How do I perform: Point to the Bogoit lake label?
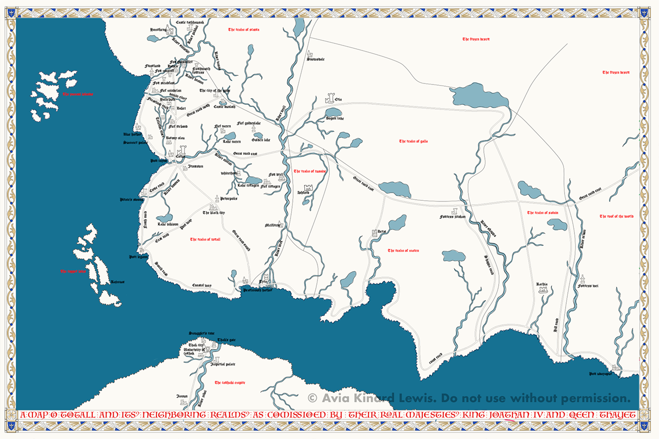[335, 118]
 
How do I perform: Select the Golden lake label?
[261, 140]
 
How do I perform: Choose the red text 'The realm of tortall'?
[205, 239]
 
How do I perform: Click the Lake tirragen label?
[248, 185]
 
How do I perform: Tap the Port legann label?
[139, 256]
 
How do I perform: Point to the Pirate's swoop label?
[131, 200]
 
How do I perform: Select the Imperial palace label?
[223, 364]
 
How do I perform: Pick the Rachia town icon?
[545, 291]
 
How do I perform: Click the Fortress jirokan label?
[453, 217]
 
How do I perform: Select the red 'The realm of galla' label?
[414, 142]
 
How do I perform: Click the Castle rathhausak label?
[190, 22]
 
